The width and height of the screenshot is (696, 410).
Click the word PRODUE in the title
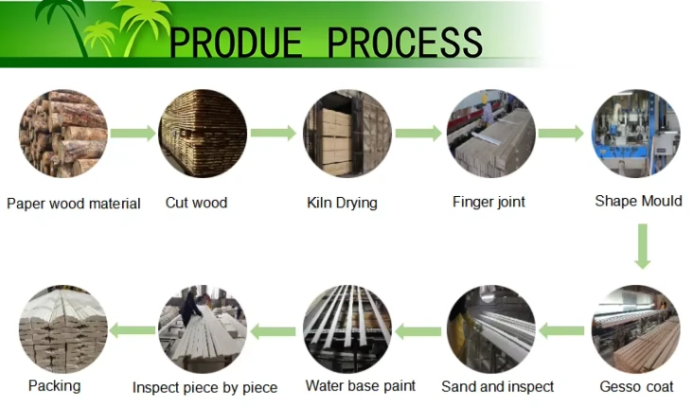[236, 42]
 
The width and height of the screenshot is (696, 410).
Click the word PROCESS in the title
[404, 42]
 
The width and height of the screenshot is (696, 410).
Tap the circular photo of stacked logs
[63, 134]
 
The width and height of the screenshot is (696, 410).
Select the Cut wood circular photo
[203, 134]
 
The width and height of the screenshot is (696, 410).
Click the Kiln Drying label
[342, 203]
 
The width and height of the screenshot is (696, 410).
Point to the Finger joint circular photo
[491, 134]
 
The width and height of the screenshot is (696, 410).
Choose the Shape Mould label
[638, 201]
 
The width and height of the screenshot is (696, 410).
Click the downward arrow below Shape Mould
[642, 246]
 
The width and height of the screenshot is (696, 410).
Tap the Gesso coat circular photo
[635, 329]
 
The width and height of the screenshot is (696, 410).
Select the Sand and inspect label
[497, 387]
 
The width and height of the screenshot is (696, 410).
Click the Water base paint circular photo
[348, 329]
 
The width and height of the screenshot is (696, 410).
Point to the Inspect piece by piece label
[205, 388]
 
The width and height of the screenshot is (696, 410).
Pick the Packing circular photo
[63, 329]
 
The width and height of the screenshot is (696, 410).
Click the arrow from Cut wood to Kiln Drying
[274, 133]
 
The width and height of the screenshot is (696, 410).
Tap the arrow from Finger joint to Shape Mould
[561, 133]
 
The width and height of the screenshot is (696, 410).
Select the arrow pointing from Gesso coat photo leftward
[562, 331]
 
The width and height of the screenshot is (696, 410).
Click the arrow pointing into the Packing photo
[133, 330]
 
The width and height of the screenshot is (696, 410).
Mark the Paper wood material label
[74, 204]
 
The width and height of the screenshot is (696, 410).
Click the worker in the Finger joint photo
[488, 112]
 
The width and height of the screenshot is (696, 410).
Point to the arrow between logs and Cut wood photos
[133, 133]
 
